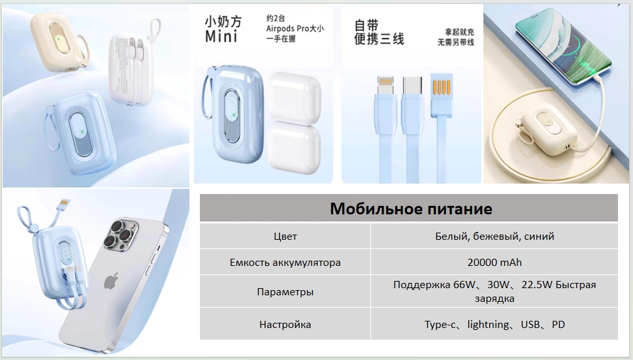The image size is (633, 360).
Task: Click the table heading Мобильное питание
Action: (411, 208)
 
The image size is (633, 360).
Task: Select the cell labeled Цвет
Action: (285, 237)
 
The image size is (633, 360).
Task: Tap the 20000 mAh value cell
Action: (495, 263)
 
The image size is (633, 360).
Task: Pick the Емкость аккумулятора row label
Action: (285, 263)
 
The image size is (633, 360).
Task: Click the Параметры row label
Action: (285, 291)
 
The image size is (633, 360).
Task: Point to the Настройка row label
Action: (285, 325)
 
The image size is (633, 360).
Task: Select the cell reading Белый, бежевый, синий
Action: (495, 237)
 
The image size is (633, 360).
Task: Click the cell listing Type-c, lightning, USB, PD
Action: (495, 325)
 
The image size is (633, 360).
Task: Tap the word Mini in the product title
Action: (221, 37)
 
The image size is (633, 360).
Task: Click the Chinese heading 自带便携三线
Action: (379, 32)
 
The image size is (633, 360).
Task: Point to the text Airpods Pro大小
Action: (295, 29)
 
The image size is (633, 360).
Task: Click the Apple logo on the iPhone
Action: (112, 281)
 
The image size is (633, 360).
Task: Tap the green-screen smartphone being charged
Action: (564, 46)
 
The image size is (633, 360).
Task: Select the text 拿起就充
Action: (459, 32)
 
